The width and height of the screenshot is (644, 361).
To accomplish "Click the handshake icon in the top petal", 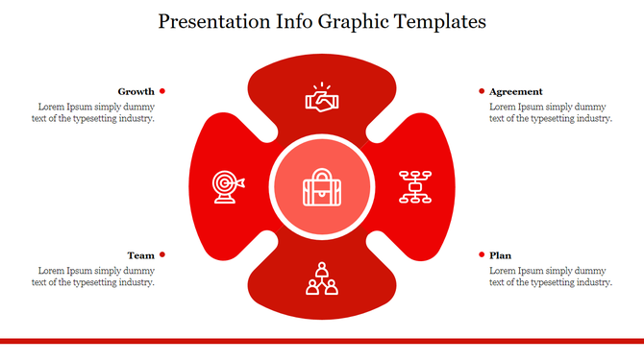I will [321, 97].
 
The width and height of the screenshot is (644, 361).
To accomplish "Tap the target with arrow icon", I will [228, 185].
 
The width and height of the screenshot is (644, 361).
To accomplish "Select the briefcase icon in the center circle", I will [321, 187].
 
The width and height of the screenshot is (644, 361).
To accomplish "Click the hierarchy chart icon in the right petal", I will [415, 185].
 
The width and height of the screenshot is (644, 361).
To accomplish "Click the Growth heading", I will [136, 91].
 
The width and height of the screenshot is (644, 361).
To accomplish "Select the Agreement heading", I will [515, 91].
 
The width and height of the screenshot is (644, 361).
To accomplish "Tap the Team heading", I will [140, 255].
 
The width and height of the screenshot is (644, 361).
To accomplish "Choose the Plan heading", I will [500, 255].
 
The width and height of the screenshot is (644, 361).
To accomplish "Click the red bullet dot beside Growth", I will [162, 91].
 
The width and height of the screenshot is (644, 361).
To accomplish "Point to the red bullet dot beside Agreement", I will [482, 91].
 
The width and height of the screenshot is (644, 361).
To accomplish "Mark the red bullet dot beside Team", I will [162, 254].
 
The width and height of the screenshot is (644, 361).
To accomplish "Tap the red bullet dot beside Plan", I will [482, 254].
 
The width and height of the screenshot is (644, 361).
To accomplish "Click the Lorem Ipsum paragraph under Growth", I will [95, 112].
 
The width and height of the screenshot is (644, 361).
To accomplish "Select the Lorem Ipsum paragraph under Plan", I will [550, 277].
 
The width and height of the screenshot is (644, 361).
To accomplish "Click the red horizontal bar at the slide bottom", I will [321, 340].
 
